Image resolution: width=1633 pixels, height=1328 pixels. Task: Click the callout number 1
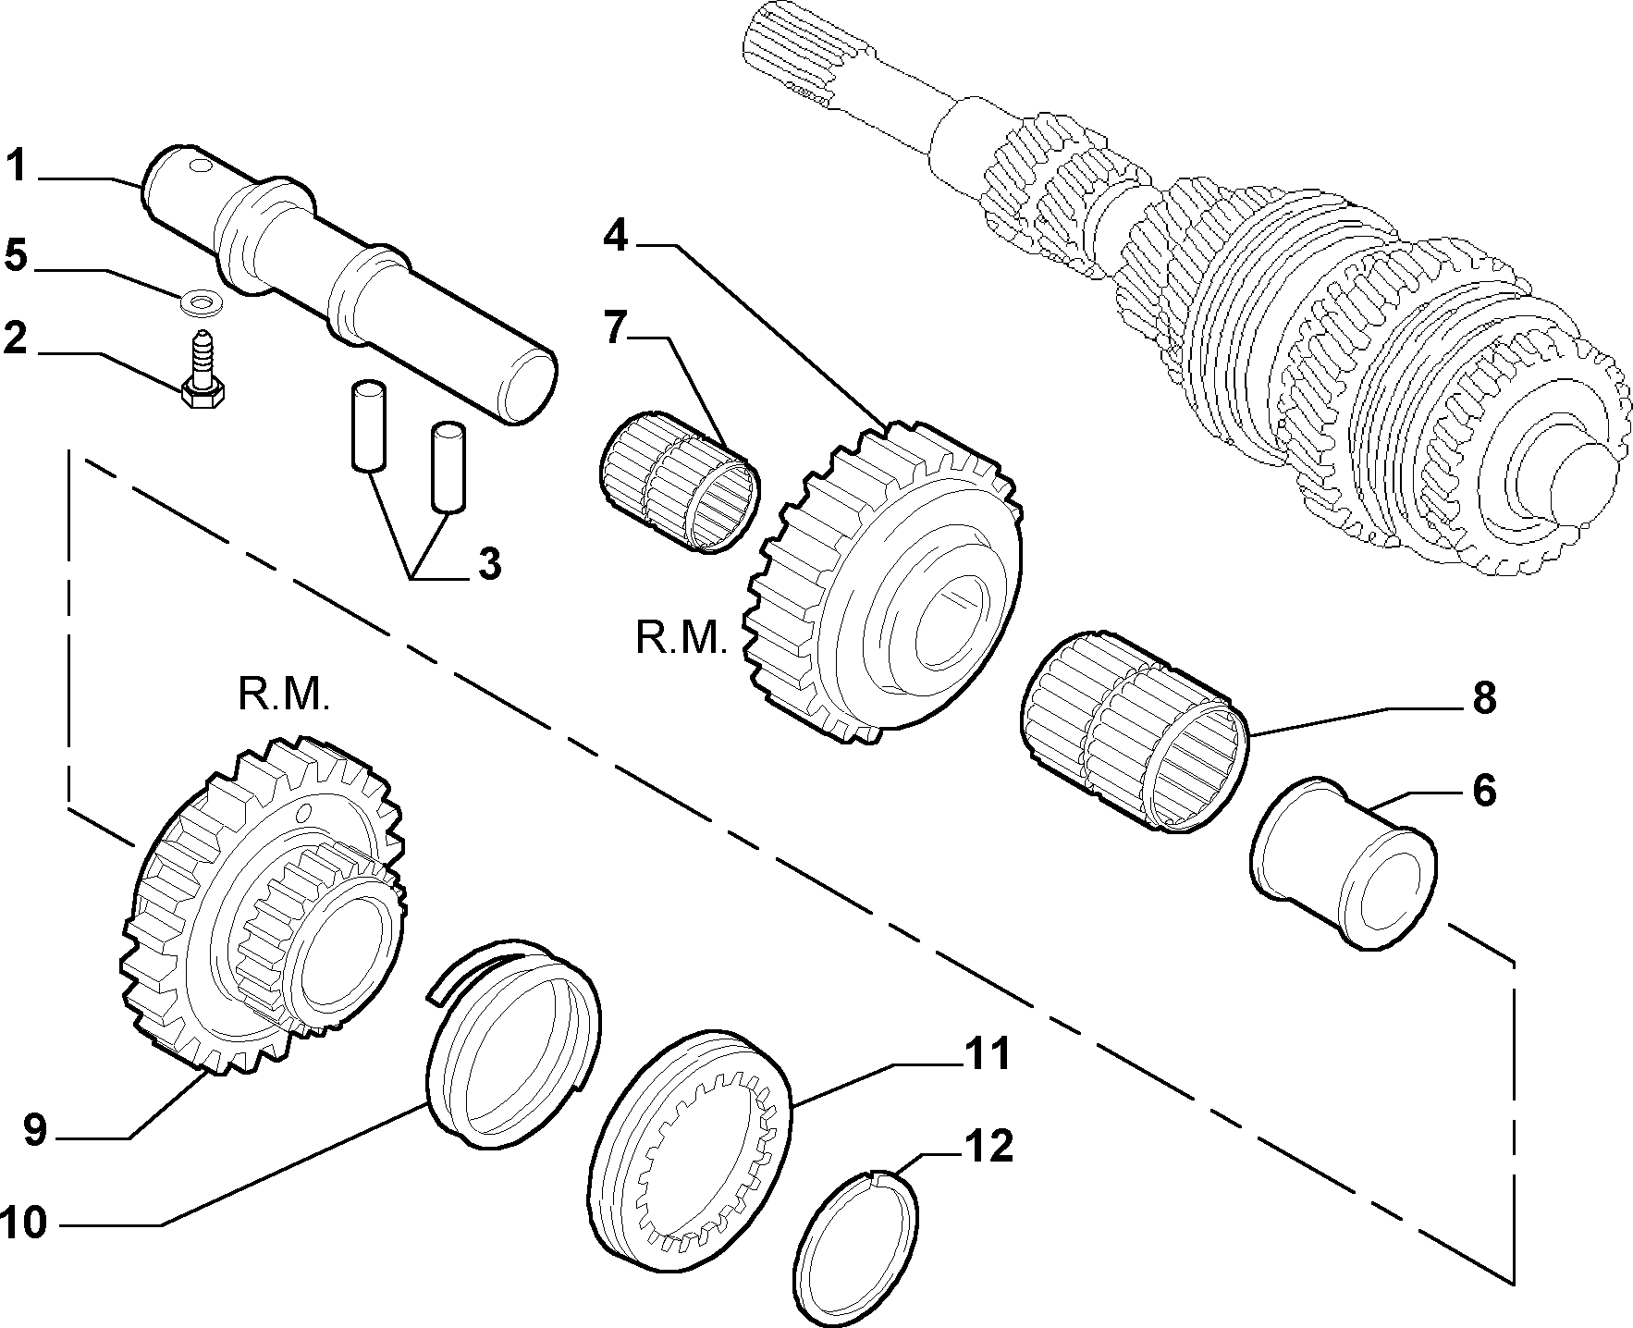18,167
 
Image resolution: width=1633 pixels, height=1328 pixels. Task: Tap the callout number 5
18,255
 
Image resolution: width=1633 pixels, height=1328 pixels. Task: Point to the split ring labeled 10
514,1043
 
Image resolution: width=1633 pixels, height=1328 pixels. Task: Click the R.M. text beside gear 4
681,637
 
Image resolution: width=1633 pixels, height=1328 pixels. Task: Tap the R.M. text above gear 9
283,695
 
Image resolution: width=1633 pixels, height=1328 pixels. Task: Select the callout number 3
489,563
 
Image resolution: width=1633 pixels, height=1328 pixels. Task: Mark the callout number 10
24,1223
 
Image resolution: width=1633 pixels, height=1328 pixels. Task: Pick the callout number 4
616,237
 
